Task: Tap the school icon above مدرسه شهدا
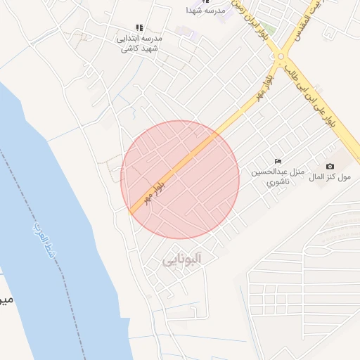pyautogui.click(x=205, y=1)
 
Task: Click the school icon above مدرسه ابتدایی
pyautogui.click(x=139, y=28)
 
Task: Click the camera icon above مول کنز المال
pyautogui.click(x=330, y=166)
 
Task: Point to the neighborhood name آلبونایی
pyautogui.click(x=182, y=259)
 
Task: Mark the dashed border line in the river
pyautogui.click(x=42, y=211)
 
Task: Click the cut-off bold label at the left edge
pyautogui.click(x=5, y=300)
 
